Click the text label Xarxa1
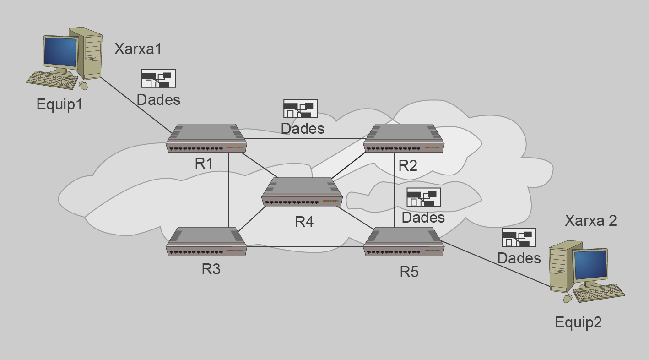(138, 49)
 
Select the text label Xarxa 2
(590, 221)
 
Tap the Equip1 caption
(59, 104)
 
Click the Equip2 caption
(578, 322)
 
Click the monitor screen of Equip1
(60, 52)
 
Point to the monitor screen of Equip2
(591, 265)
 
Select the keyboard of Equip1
(52, 80)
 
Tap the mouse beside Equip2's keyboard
(568, 298)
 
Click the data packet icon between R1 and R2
(300, 109)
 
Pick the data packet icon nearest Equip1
(158, 78)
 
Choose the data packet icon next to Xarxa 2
(519, 237)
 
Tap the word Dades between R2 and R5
(423, 217)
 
